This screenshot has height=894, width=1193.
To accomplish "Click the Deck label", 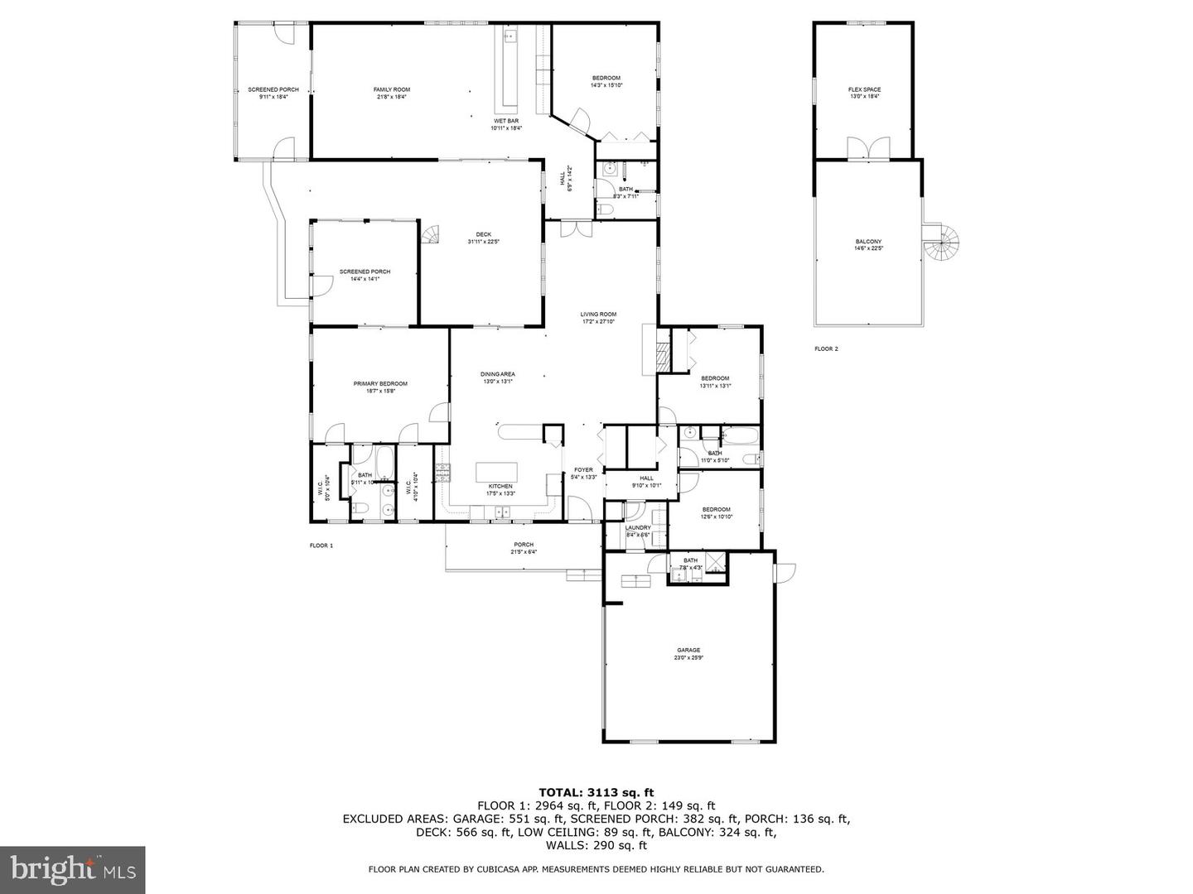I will click(x=484, y=238).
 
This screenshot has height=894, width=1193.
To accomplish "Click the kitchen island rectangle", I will click(x=496, y=473).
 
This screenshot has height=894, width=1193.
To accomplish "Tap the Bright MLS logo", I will click(x=73, y=869).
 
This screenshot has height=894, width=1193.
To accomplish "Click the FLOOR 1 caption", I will click(x=321, y=546).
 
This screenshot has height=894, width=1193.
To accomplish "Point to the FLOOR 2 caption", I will click(x=826, y=349).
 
